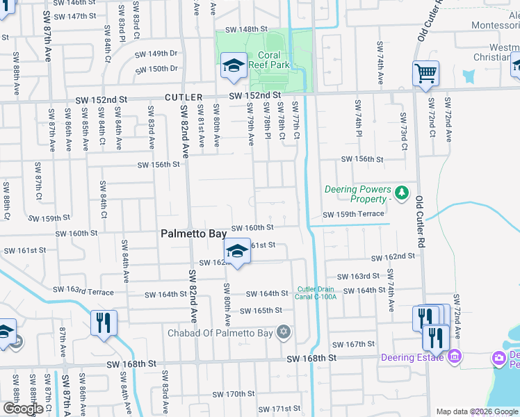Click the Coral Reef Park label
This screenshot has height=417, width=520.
pos(269,60)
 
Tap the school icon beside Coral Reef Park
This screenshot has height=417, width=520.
pos(234,67)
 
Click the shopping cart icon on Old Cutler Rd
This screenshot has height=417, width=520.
pos(425,73)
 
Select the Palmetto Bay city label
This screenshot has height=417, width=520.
pos(193,234)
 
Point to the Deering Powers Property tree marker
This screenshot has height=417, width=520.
pos(400,191)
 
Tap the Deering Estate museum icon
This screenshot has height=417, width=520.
pos(455,357)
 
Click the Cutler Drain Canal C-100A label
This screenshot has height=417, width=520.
pos(317,293)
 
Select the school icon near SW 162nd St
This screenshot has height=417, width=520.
pos(237,252)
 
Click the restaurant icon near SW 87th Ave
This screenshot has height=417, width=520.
pos(104,322)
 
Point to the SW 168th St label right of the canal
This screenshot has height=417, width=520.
pos(311,357)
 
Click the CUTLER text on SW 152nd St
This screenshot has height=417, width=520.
pos(184,97)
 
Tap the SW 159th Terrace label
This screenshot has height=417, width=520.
pos(352,214)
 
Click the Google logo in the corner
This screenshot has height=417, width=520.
pos(23,408)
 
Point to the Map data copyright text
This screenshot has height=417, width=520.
pos(476,411)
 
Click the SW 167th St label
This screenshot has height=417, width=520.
pos(353,344)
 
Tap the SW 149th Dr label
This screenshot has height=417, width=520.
pos(156,54)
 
